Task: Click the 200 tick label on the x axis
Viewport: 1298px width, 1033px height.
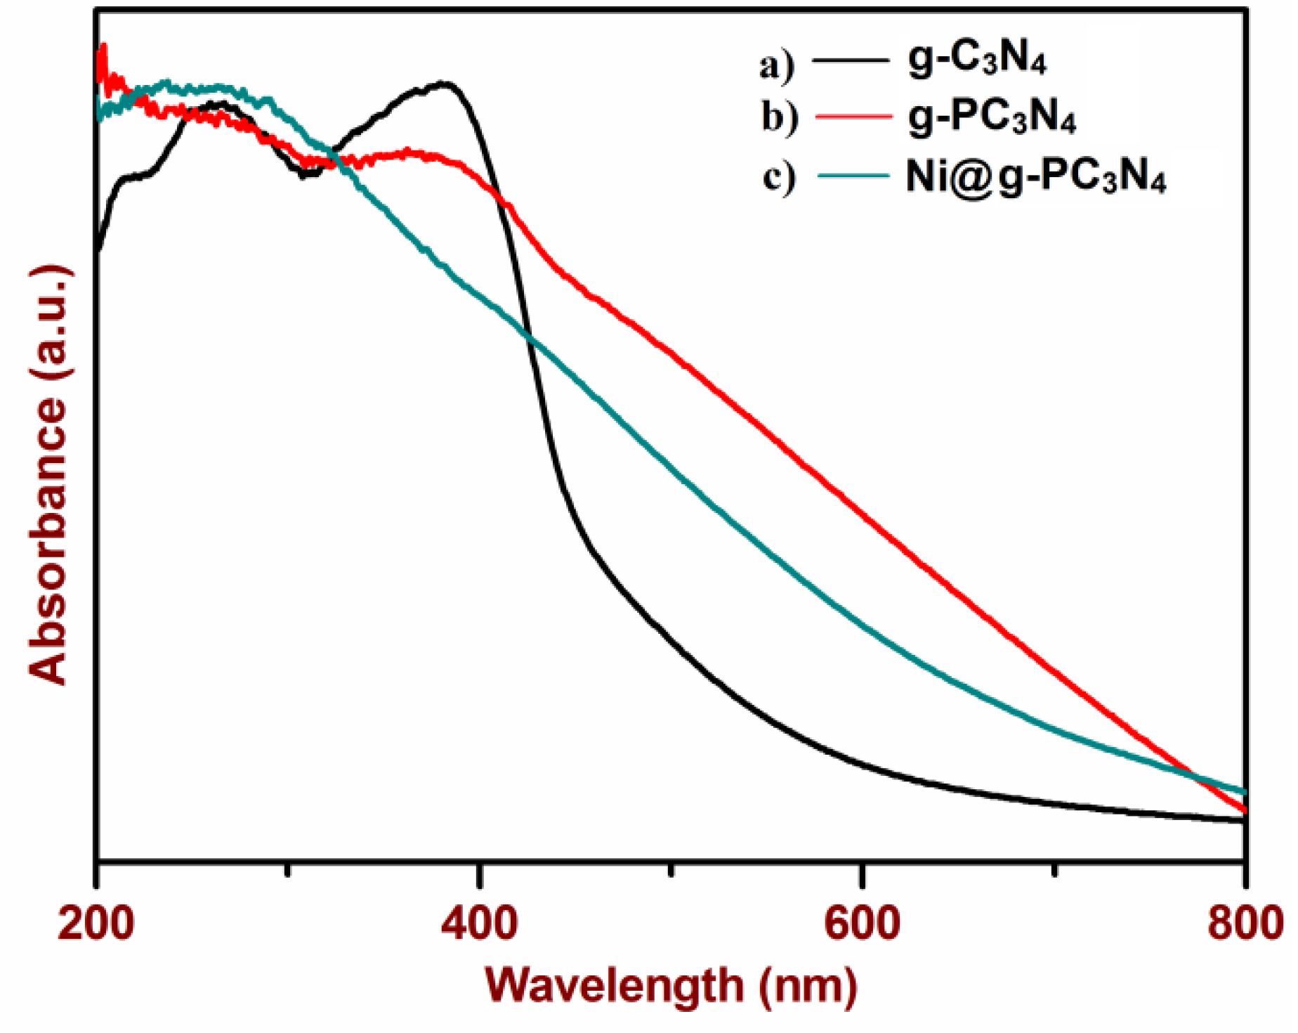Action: pyautogui.click(x=96, y=923)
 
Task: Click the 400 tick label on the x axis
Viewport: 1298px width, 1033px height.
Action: pyautogui.click(x=479, y=923)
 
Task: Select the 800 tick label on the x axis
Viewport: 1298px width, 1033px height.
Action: pyautogui.click(x=1245, y=923)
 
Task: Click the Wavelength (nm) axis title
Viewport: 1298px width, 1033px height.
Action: pyautogui.click(x=671, y=986)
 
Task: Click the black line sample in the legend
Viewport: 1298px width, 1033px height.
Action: pyautogui.click(x=850, y=60)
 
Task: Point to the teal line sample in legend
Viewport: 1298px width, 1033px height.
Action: pyautogui.click(x=853, y=175)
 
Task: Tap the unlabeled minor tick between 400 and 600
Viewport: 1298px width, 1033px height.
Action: pyautogui.click(x=671, y=871)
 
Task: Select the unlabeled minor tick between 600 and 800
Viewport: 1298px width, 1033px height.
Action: pyautogui.click(x=1054, y=871)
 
